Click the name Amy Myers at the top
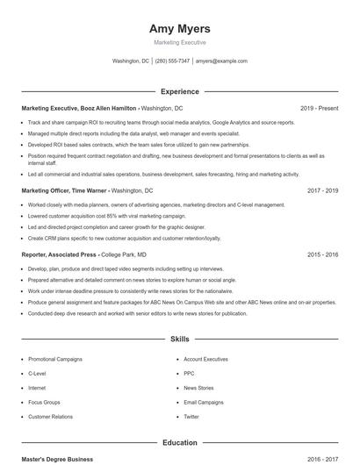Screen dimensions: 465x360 180,29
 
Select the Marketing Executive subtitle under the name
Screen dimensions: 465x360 180,42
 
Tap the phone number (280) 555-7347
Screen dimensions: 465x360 172,61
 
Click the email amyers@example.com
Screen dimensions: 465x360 221,61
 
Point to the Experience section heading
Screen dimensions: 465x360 180,91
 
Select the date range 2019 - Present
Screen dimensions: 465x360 319,108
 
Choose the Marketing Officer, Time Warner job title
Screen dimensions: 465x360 65,190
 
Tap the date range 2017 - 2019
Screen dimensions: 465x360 322,190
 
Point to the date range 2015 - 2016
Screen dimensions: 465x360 322,254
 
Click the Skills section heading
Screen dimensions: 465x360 180,338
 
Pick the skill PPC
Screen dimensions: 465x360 190,373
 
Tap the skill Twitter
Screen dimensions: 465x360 191,416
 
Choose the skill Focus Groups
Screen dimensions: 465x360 44,402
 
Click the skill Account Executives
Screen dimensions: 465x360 205,359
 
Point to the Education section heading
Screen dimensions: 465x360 180,443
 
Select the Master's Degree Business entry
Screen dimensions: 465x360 57,459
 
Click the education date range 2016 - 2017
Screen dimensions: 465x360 322,459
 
